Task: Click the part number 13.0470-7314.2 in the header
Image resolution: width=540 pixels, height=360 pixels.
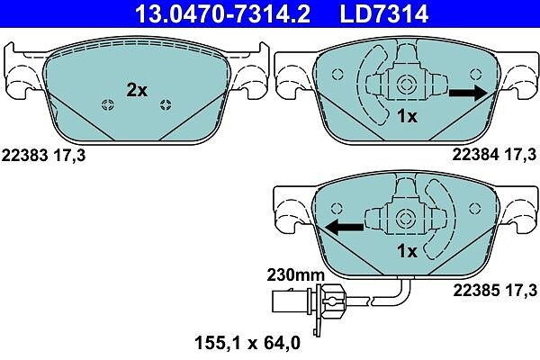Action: (222, 13)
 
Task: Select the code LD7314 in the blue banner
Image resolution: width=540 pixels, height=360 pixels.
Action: (384, 13)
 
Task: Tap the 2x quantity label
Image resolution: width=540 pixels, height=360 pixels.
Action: (137, 90)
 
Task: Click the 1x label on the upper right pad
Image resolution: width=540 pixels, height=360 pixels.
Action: (408, 116)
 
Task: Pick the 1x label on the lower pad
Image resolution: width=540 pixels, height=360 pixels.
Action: (408, 251)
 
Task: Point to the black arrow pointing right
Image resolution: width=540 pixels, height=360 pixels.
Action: (468, 93)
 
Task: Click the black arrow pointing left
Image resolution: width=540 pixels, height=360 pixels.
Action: (345, 227)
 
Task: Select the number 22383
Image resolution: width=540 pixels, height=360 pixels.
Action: (25, 156)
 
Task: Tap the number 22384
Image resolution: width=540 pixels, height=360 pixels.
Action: (475, 155)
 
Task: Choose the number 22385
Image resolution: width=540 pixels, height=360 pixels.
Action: (475, 290)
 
